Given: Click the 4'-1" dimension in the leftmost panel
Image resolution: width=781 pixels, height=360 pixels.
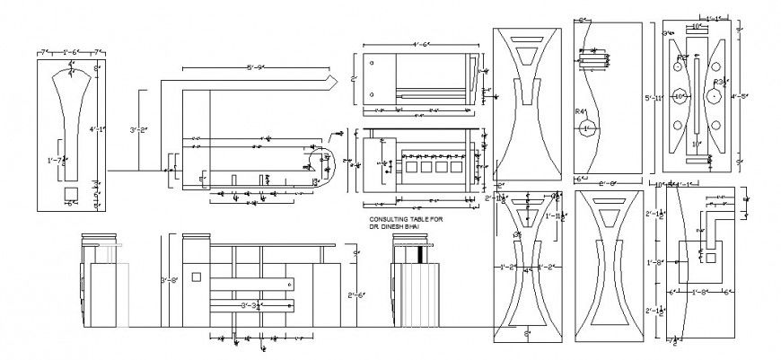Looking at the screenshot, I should click(97, 129).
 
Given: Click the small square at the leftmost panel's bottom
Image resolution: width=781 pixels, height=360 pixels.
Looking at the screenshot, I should click(70, 193).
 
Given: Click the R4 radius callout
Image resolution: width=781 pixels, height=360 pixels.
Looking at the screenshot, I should click(581, 112).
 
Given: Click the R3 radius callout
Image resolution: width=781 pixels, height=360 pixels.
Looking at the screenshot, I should click(717, 81).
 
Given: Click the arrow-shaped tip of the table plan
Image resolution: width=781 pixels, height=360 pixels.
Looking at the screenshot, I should click(330, 82).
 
